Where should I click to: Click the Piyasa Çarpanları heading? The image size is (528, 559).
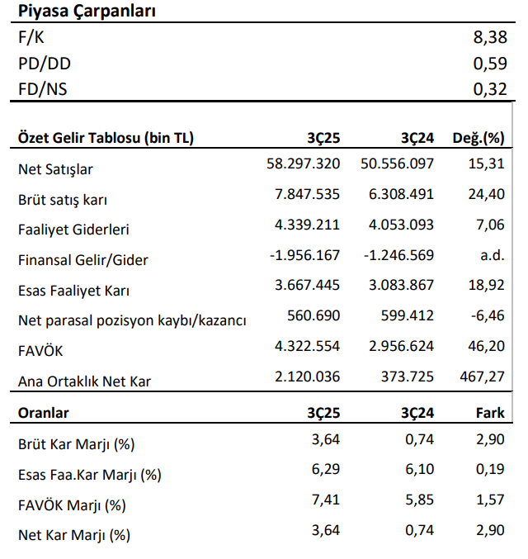[x=87, y=11]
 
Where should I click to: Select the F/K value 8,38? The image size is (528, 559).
[x=490, y=37]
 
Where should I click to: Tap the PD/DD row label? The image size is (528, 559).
[x=45, y=64]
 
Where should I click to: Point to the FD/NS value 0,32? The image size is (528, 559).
[x=490, y=89]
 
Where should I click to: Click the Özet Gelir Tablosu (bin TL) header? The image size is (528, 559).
[x=106, y=138]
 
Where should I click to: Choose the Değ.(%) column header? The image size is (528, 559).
[x=478, y=138]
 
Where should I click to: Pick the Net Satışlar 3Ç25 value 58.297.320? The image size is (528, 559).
[x=304, y=163]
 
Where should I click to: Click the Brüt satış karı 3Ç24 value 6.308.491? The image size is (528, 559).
[x=401, y=194]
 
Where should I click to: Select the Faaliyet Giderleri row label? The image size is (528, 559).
[x=73, y=230]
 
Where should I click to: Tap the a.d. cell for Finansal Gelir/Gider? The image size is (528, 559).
[x=493, y=255]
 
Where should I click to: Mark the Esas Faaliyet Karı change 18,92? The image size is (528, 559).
[x=486, y=285]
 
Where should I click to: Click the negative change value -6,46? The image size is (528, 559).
[x=488, y=315]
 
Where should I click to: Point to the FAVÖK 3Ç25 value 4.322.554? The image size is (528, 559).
[x=307, y=346]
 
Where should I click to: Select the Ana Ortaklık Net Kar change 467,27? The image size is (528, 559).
[x=482, y=377]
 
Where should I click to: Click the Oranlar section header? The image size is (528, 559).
[x=44, y=413]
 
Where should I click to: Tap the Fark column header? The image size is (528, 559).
[x=490, y=413]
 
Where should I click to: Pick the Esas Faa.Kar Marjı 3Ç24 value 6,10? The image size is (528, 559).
[x=419, y=469]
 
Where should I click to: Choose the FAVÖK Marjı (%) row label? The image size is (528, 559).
[x=72, y=505]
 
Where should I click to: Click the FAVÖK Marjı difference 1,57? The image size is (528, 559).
[x=490, y=500]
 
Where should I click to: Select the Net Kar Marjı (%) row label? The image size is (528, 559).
[x=74, y=536]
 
